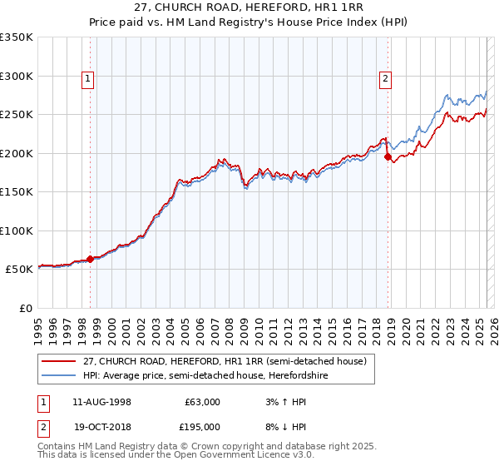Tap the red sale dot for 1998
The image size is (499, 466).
pos(90,260)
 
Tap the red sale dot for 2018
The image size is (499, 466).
pos(388,157)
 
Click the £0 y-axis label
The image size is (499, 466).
pos(24,308)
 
